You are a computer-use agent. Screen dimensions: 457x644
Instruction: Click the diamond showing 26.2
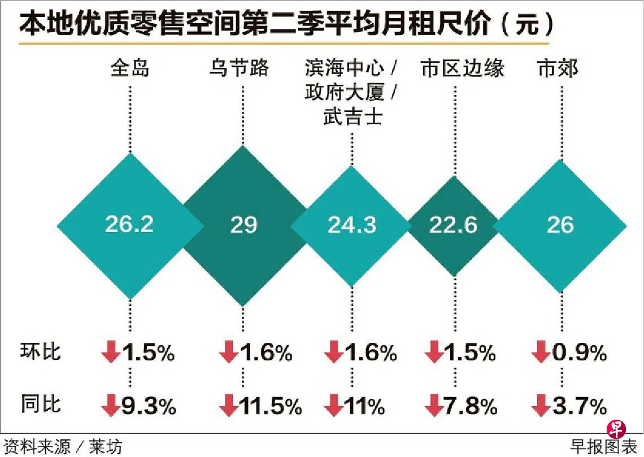tap(129, 225)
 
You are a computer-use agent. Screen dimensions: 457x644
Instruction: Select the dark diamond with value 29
tap(243, 225)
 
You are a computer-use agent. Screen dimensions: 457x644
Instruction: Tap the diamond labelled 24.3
tap(351, 225)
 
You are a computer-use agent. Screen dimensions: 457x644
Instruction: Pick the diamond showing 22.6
tap(453, 225)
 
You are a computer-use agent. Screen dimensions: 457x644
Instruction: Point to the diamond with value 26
tap(560, 225)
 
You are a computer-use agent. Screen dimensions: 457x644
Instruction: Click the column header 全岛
tap(130, 69)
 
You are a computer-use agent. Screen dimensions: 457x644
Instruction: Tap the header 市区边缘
tap(463, 69)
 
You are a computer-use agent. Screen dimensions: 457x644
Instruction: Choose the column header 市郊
tap(558, 69)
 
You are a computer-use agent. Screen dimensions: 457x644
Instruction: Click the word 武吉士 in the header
tap(352, 117)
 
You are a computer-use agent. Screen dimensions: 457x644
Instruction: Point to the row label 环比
tap(41, 352)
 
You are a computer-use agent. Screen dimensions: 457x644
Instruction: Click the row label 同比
tap(41, 405)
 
